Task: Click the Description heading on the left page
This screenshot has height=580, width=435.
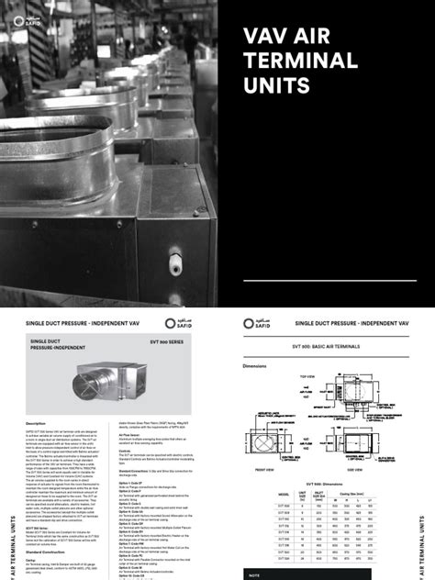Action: coord(36,423)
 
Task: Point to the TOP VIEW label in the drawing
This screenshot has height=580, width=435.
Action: coord(307,375)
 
